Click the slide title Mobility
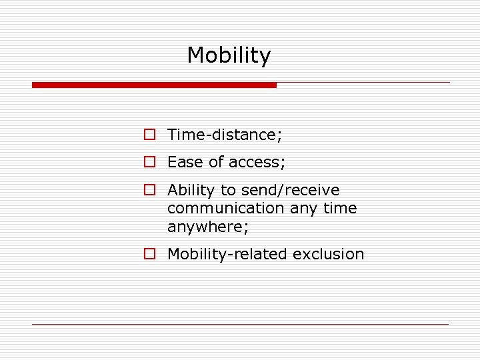[x=229, y=55]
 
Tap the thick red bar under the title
[x=154, y=85]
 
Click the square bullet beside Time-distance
[x=150, y=135]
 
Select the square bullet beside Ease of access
[x=150, y=162]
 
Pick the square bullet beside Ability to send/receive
[x=150, y=190]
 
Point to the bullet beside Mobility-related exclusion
[x=150, y=254]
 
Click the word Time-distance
[x=225, y=135]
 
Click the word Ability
[x=189, y=190]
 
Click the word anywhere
[x=207, y=227]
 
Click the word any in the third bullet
[x=303, y=208]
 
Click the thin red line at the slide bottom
[x=240, y=324]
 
